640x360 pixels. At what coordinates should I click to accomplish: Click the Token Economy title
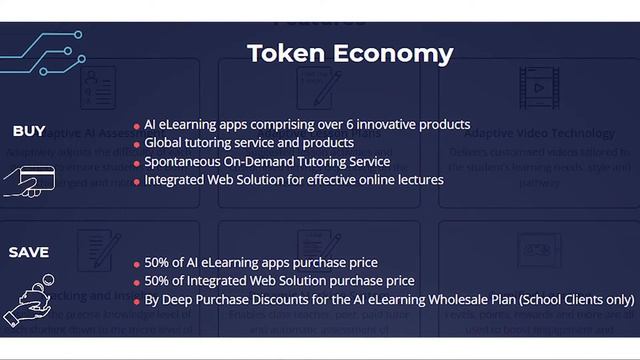click(349, 53)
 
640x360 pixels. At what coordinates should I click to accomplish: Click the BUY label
click(29, 131)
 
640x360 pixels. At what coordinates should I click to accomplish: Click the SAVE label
click(29, 253)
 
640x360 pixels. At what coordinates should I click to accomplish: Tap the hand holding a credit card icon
click(28, 181)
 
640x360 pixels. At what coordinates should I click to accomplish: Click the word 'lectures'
click(419, 180)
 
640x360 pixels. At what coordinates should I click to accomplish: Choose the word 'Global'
click(163, 143)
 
